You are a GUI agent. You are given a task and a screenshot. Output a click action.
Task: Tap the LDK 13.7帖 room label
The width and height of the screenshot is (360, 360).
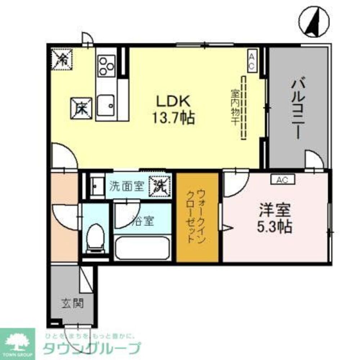(x=173, y=110)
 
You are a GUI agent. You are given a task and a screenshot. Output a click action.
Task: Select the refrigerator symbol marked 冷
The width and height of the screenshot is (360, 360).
(x=62, y=59)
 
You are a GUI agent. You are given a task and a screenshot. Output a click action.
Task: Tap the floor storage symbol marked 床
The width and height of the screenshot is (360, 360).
(x=81, y=108)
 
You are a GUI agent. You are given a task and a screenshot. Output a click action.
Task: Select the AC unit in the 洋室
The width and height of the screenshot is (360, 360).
(x=283, y=179)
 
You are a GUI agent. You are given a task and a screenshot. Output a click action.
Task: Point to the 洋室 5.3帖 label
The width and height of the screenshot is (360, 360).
(x=274, y=218)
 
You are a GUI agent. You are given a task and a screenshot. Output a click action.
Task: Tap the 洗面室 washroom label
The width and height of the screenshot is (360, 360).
(x=126, y=186)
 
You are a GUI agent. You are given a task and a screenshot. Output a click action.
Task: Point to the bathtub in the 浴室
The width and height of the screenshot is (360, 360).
(x=142, y=248)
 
